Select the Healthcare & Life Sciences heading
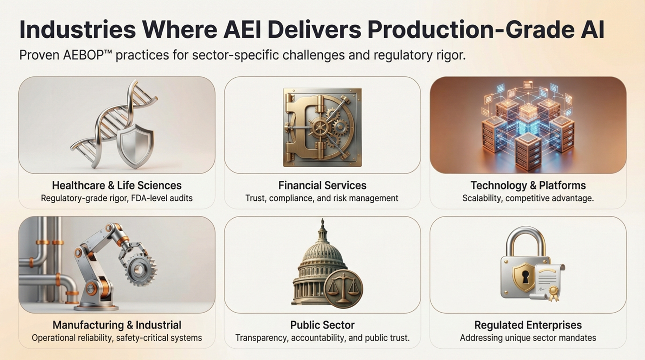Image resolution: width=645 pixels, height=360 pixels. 117,185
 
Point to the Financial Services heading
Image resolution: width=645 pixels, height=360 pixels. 322,185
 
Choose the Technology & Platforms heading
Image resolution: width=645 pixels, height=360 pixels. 528,185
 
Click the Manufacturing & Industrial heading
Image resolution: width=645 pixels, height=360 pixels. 117,325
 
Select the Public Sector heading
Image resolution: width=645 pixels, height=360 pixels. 322,325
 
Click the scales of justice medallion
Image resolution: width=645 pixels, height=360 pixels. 343,288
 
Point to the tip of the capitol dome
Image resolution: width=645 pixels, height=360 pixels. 322,219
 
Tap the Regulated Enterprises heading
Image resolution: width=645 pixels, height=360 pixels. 528,325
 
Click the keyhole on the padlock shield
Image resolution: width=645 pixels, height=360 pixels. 524,277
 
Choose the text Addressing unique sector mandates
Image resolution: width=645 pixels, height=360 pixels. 528,338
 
